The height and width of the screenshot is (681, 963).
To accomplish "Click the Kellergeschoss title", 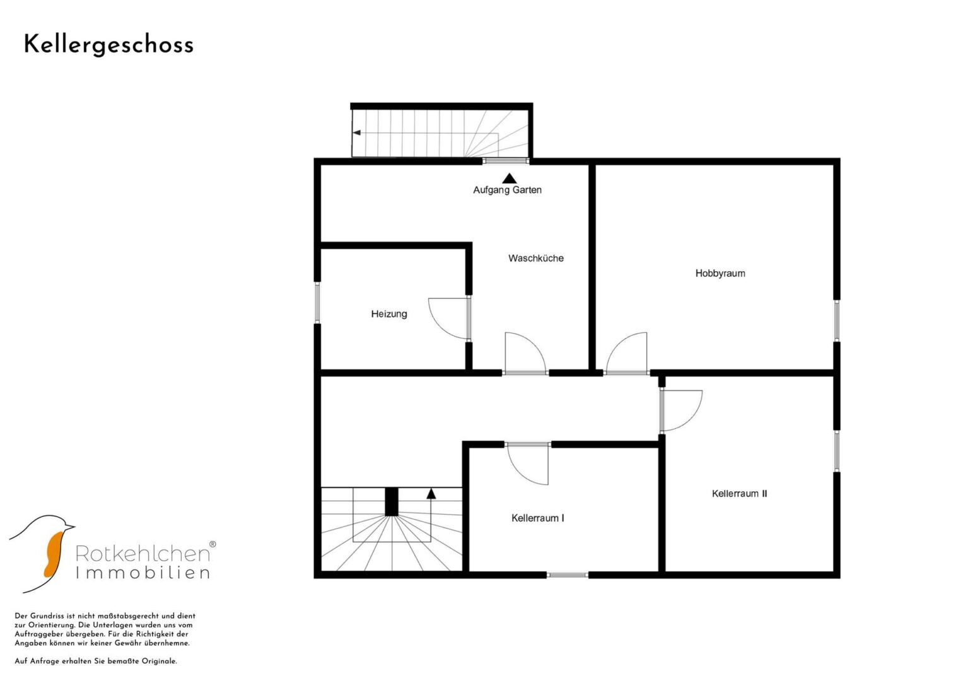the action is [x=108, y=45].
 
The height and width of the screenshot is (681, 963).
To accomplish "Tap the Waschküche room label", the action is [x=535, y=259].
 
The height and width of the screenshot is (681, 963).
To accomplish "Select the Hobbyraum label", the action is [x=720, y=274].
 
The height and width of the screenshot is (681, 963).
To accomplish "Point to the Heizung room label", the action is [x=389, y=314].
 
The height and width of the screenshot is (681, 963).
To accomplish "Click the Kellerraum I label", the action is [x=537, y=518].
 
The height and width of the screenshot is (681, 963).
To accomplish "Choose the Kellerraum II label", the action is [x=739, y=494].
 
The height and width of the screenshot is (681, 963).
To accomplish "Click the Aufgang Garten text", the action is [x=507, y=190].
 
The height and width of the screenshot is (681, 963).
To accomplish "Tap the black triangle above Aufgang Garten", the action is [x=510, y=178].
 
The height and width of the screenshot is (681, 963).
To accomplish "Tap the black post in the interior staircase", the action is [x=391, y=501].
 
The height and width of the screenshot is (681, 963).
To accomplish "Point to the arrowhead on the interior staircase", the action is [x=431, y=494].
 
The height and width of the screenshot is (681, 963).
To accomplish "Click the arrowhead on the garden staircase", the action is [x=356, y=132].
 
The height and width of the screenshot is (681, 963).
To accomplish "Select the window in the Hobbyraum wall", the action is [x=837, y=321].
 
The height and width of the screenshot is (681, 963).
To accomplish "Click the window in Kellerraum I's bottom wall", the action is [x=568, y=575].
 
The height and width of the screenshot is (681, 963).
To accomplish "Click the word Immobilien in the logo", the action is [x=143, y=573].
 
